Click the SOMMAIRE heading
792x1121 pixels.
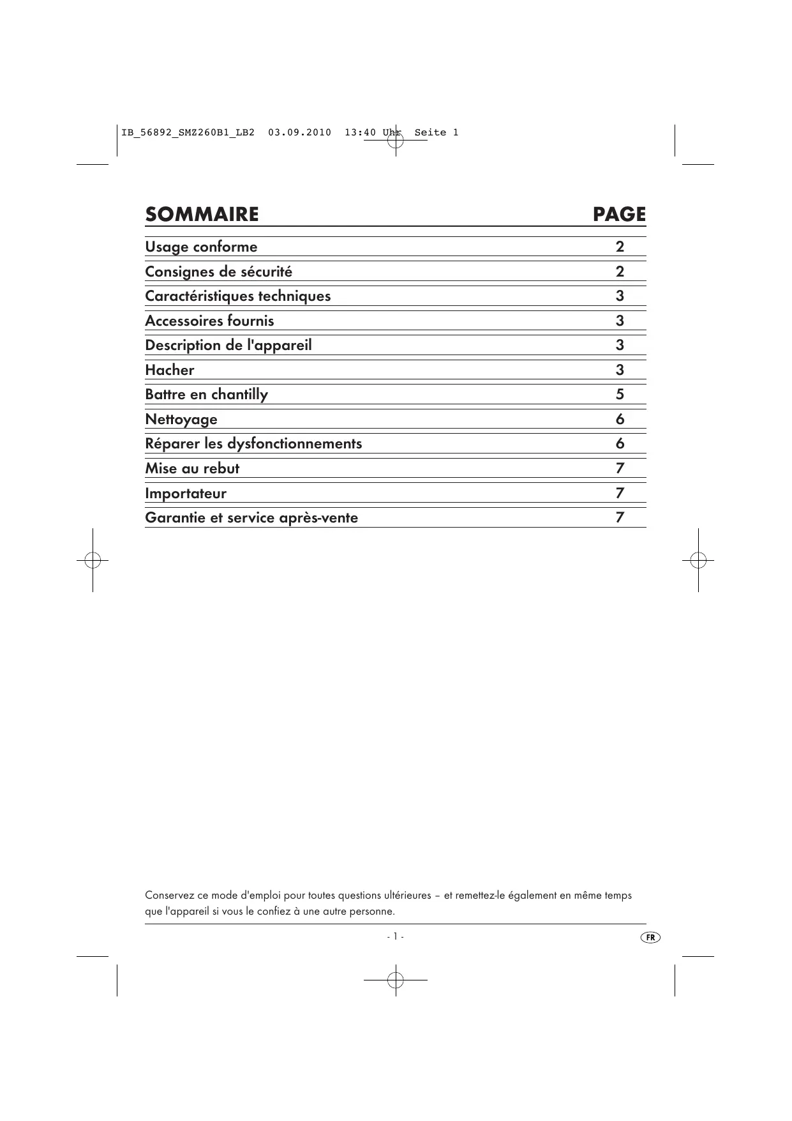(202, 215)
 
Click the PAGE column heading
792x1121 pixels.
(618, 215)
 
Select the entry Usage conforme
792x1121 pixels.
(201, 247)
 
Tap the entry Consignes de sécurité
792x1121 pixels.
(218, 272)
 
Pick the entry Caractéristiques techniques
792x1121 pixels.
(237, 296)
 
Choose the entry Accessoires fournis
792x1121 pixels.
(209, 321)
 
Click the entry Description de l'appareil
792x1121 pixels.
(228, 346)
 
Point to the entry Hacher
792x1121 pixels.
(169, 370)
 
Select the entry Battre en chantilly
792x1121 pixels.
(206, 395)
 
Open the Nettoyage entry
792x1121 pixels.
(181, 420)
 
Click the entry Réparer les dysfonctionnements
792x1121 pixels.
(253, 444)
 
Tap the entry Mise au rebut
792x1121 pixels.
(191, 469)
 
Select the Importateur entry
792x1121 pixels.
(185, 494)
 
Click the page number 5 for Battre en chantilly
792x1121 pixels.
(620, 395)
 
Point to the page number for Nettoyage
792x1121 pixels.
(620, 420)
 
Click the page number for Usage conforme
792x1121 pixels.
(620, 247)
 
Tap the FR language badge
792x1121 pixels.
(650, 938)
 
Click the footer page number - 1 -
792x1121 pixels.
(395, 936)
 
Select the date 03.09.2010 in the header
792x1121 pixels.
(299, 133)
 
